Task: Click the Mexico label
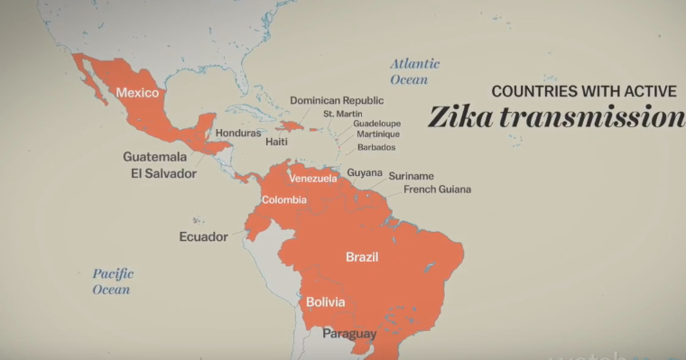coord(137,92)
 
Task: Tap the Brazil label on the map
coord(362,257)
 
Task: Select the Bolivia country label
coord(325,302)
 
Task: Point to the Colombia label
coord(284,199)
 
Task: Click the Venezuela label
coord(312,179)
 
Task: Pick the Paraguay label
coord(349,334)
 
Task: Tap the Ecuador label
coord(203,237)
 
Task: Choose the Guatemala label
coord(155,156)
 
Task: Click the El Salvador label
coord(163,173)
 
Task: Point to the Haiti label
coord(277,143)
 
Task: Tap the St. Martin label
coord(342,115)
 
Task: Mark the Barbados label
coord(376,147)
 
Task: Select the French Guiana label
coord(437,189)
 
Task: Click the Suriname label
coord(412,176)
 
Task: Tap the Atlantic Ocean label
coord(414,71)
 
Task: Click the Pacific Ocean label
coord(112,282)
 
